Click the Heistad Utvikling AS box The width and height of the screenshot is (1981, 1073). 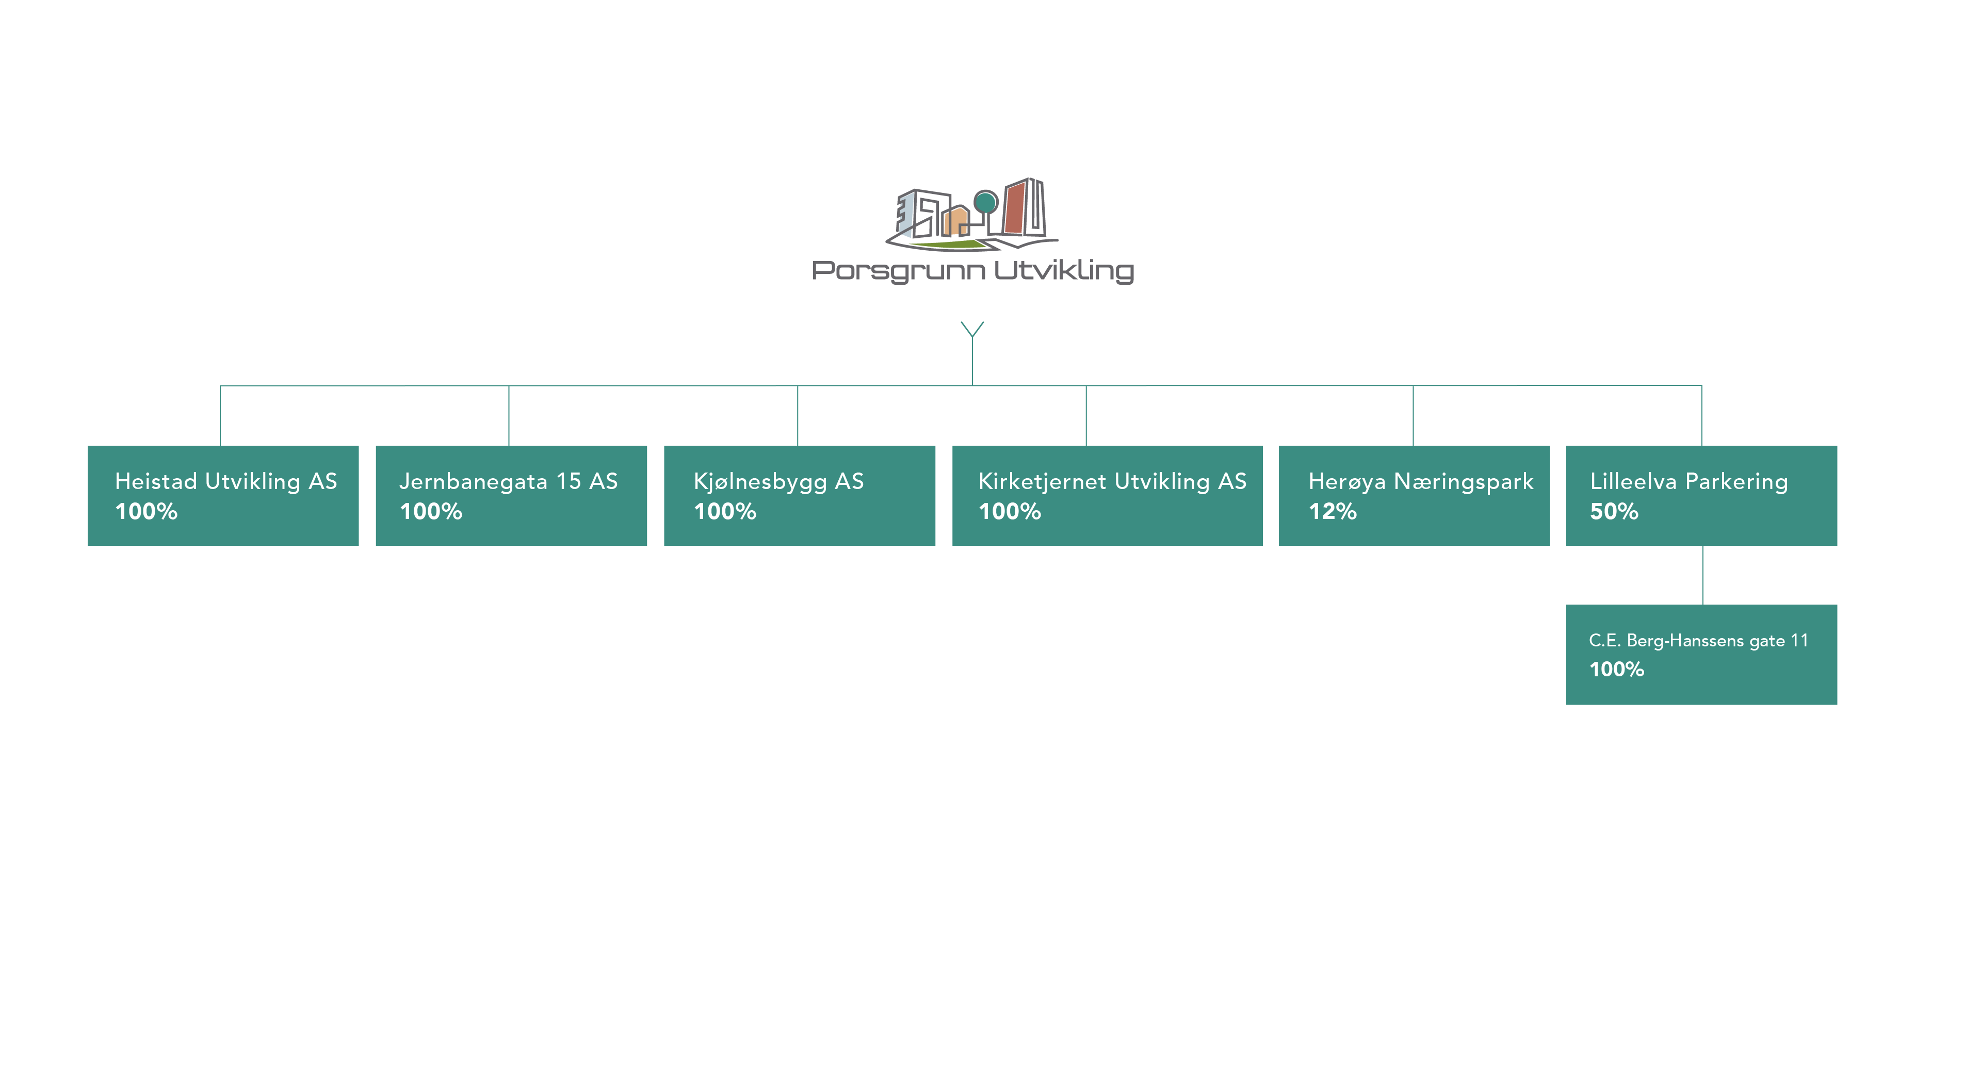click(x=223, y=495)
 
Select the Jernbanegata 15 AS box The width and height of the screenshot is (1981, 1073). click(x=511, y=495)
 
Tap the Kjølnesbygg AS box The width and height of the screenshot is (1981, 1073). click(x=800, y=495)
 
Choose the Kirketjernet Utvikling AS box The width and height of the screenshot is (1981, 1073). click(x=1108, y=495)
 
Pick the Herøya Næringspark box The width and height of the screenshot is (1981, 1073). click(x=1414, y=495)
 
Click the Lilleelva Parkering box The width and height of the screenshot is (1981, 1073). click(x=1702, y=495)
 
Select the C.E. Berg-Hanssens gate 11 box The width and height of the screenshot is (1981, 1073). click(x=1702, y=655)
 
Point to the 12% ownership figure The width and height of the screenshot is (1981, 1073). click(x=1333, y=512)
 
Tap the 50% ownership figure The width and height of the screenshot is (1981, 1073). click(x=1614, y=512)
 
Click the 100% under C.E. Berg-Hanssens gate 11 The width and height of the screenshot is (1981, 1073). click(x=1616, y=669)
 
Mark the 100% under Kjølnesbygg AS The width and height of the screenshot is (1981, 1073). click(x=725, y=512)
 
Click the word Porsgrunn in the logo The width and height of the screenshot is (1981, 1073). click(x=898, y=271)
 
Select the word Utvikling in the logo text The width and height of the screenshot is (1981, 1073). click(x=1064, y=271)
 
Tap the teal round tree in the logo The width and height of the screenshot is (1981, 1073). click(x=986, y=202)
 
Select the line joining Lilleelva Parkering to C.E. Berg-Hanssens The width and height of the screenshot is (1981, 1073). click(x=1702, y=575)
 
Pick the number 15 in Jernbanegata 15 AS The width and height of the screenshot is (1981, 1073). click(x=569, y=481)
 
